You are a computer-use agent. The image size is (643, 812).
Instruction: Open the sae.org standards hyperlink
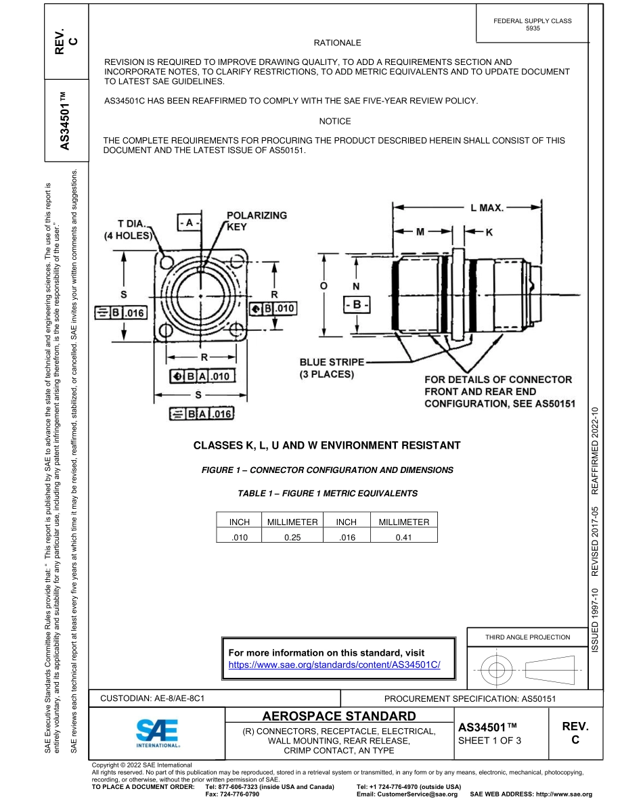tap(334, 665)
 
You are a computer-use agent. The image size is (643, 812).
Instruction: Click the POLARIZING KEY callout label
tap(256, 221)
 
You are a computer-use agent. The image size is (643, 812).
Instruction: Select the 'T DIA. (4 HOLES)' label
tap(129, 230)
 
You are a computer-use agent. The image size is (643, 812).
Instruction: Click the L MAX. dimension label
tap(487, 208)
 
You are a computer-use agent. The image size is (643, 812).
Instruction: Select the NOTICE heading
tap(335, 121)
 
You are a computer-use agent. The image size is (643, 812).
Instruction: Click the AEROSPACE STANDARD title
tap(338, 716)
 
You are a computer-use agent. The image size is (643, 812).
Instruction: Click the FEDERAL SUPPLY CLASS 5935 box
tap(533, 25)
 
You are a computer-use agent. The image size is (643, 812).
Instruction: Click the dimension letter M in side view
tap(420, 231)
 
